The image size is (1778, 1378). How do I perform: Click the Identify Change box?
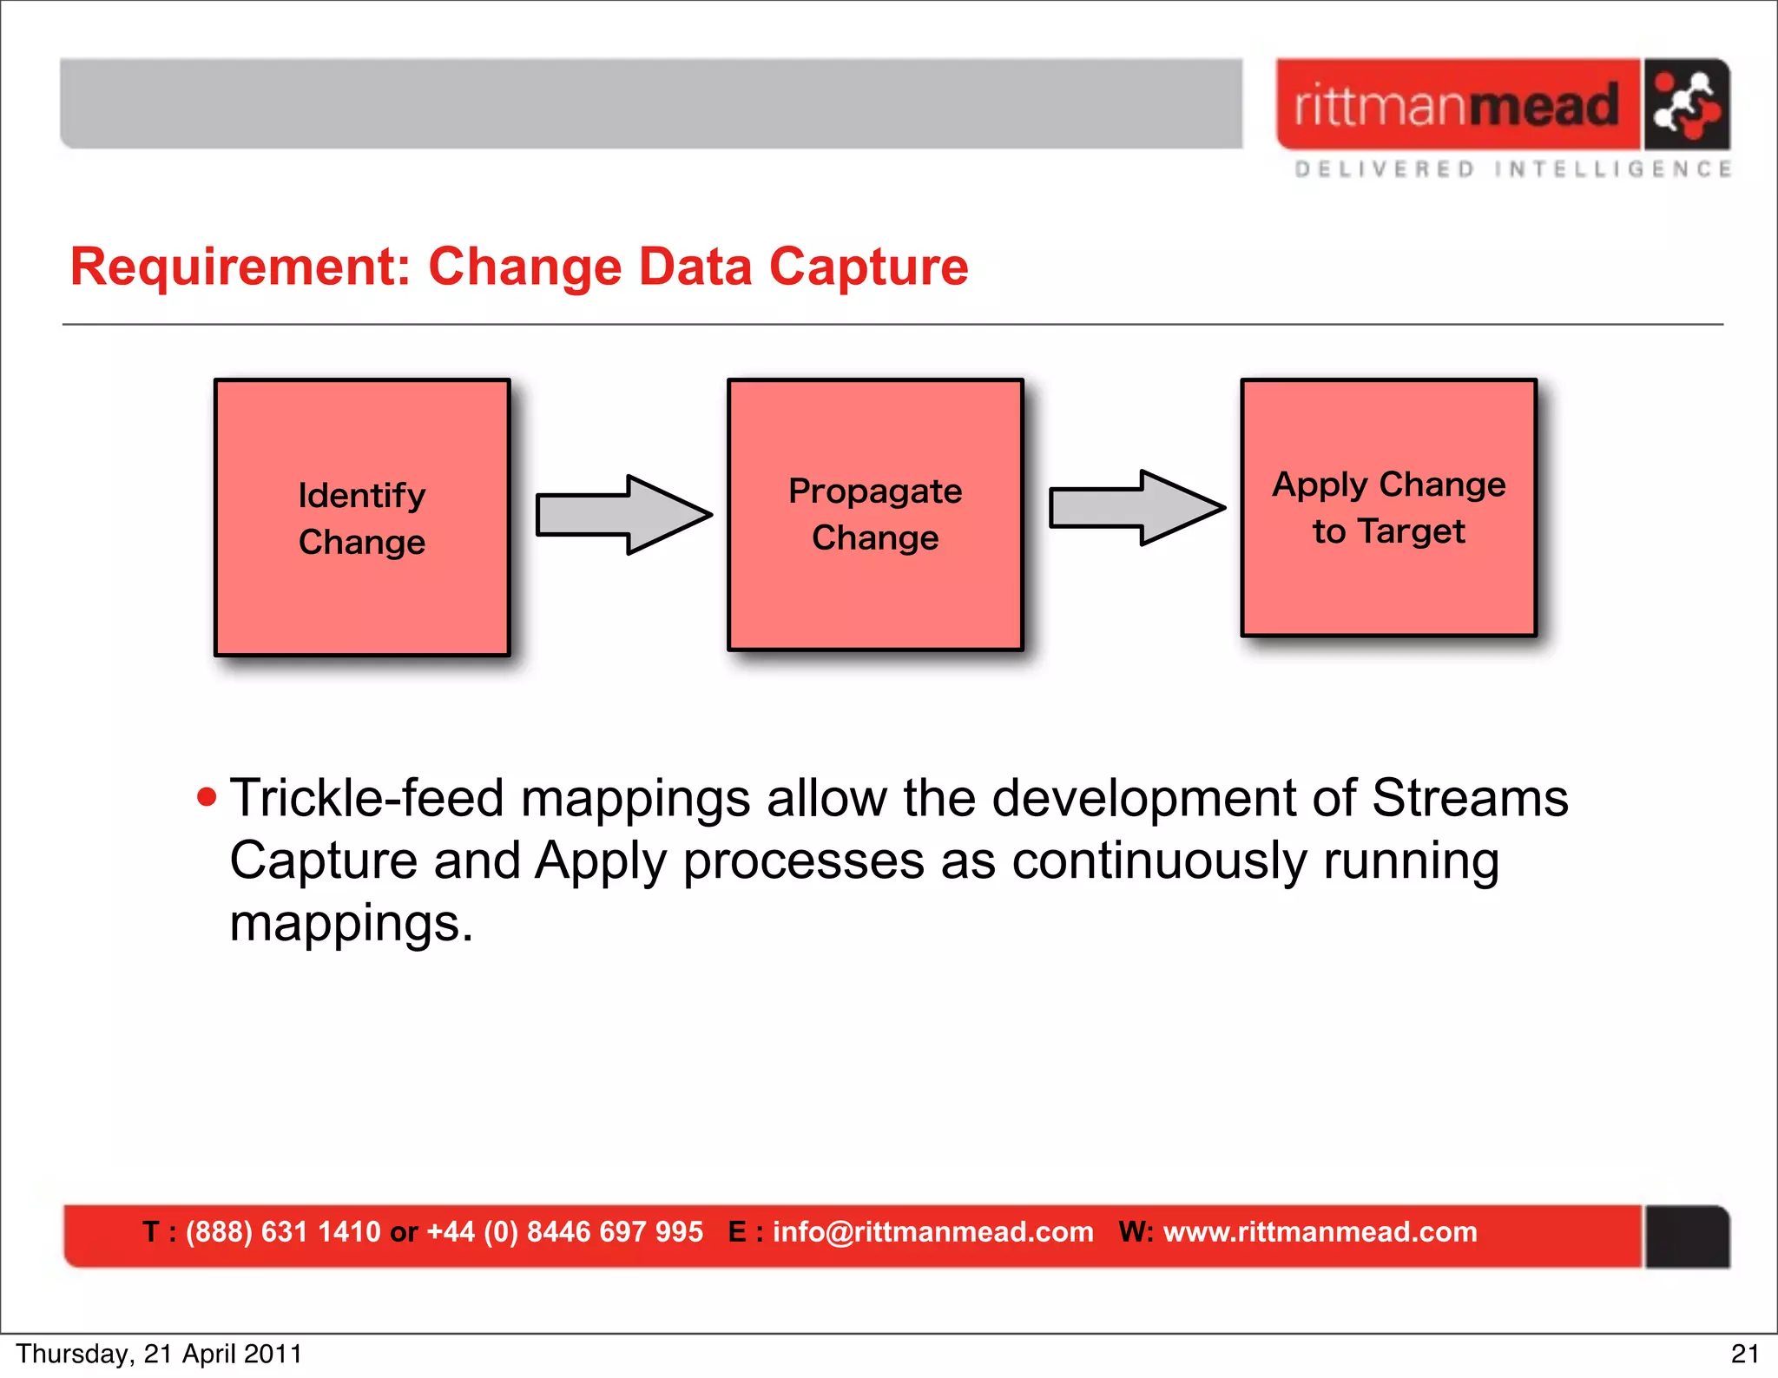pos(362,518)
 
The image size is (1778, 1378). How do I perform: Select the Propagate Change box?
pos(875,514)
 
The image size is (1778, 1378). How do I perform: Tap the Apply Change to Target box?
pos(1388,508)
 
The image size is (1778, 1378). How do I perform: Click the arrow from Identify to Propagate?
pos(623,515)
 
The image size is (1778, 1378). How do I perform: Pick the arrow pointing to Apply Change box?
pos(1136,508)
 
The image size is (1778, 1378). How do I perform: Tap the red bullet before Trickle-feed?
pos(207,797)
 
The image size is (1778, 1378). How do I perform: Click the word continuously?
pos(1159,860)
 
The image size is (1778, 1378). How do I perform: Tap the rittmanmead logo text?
pos(1457,105)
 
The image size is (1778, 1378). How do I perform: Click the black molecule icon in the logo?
pos(1685,105)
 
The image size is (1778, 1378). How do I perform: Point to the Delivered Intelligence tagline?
pos(1512,168)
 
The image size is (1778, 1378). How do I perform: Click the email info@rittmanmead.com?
pos(932,1231)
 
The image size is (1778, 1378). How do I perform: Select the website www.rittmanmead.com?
pos(1320,1231)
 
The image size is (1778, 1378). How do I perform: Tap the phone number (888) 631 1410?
pos(283,1231)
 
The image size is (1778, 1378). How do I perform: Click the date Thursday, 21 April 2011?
pos(159,1354)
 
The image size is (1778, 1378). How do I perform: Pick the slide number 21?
pos(1745,1354)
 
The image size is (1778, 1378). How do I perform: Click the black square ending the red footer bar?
pos(1687,1236)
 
